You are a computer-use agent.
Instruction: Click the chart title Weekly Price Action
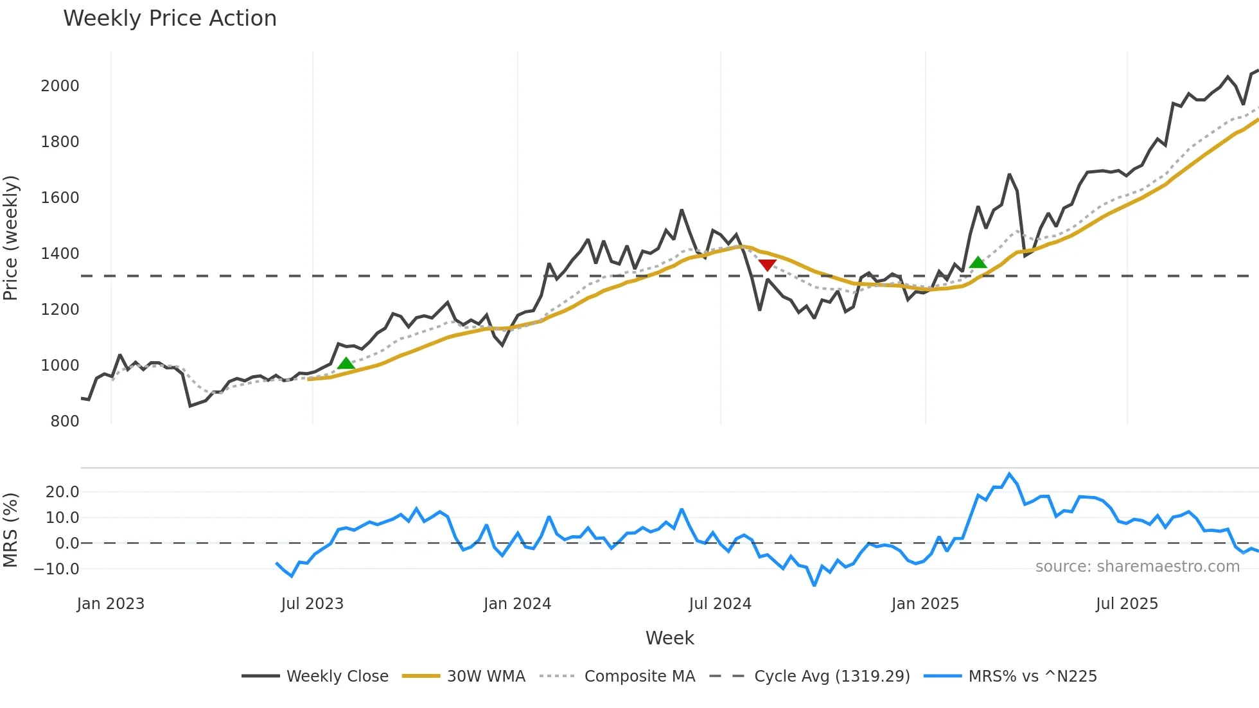tap(170, 19)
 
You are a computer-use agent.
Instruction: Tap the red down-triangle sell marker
tap(767, 265)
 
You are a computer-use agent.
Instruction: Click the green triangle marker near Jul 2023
tap(346, 364)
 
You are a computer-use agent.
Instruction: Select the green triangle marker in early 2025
tap(978, 262)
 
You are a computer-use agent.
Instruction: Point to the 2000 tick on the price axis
tap(60, 86)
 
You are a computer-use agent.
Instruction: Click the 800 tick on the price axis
tap(64, 421)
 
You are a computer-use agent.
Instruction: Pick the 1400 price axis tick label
tap(60, 254)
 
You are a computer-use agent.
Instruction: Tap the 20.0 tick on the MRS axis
tap(62, 492)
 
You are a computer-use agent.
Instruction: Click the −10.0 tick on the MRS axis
tap(57, 569)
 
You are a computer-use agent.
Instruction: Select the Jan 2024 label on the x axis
tap(517, 604)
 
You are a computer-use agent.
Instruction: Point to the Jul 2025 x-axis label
tap(1127, 604)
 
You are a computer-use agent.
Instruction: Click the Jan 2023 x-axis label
tap(110, 604)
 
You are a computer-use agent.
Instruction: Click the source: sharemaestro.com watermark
tap(1137, 567)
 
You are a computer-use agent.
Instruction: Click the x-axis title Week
tap(669, 638)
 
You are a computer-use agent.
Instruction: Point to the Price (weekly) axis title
tap(10, 238)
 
